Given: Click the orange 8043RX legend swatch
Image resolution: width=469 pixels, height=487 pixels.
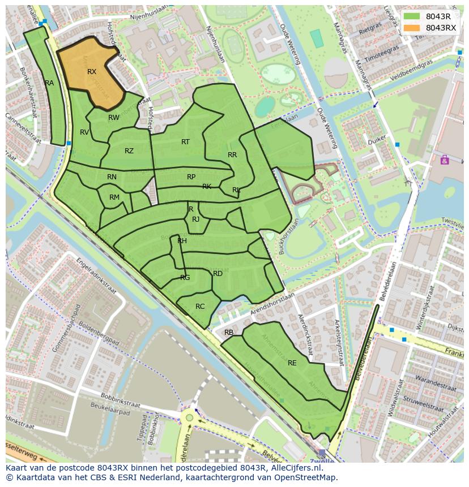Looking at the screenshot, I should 412,28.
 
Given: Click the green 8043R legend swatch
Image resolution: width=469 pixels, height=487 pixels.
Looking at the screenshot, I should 412,16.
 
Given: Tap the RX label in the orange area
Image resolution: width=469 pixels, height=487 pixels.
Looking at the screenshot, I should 92,72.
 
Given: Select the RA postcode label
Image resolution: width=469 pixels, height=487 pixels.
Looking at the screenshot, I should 49,83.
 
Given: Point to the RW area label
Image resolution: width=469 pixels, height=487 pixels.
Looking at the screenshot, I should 114,118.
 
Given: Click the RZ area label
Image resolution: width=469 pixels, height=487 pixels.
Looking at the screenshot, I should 129,151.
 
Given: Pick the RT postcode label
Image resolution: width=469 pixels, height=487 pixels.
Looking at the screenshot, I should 185,142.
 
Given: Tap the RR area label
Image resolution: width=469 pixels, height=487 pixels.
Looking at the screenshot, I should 232,155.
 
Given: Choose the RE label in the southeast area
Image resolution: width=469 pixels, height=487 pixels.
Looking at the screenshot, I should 292,363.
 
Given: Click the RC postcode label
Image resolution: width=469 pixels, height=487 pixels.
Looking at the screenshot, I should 200,307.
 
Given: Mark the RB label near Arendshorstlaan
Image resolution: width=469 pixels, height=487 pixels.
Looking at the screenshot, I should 229,333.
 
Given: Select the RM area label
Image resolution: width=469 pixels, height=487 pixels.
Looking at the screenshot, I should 114,197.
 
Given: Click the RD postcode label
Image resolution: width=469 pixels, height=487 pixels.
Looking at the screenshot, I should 218,274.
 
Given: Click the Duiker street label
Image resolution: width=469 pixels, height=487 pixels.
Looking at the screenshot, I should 377,138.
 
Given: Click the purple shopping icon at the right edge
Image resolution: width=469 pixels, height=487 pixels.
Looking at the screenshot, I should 445,160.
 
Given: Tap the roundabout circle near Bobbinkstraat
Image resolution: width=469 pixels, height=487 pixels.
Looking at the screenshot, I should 189,419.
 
